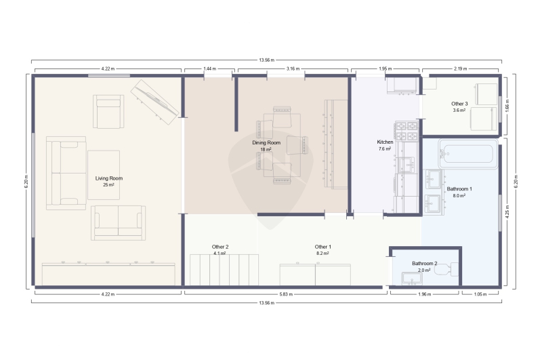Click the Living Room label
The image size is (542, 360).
pos(109,178)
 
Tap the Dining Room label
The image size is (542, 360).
pos(266,142)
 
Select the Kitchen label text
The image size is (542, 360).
pos(385,142)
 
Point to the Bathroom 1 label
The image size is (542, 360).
pos(459,189)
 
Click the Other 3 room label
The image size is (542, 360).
pos(459,104)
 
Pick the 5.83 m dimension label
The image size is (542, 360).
pos(286,294)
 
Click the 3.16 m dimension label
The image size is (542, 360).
pos(293,68)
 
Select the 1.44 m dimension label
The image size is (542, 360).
pos(209,68)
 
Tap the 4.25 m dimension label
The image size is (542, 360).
pos(507,212)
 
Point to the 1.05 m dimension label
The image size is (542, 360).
pos(480,294)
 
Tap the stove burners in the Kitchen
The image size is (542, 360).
pos(406,131)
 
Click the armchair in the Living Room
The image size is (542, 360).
pos(108,111)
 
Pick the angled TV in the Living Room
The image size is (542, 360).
pos(154,102)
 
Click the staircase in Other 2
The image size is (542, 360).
pos(224,270)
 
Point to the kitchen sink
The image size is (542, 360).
pos(406,165)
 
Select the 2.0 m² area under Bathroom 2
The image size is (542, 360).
pos(424,270)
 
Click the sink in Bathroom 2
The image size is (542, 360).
pos(412,279)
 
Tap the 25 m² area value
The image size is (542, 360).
pos(108,185)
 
